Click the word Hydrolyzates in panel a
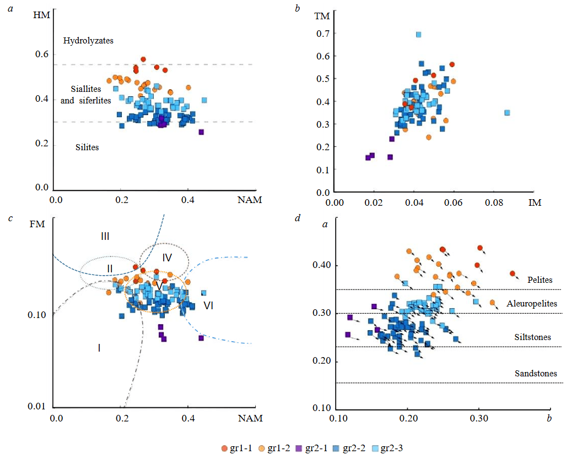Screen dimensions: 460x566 pos(88,41)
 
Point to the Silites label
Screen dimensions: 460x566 pos(87,147)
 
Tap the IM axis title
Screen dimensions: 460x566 pos(535,203)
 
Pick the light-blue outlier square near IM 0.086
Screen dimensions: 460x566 pos(507,113)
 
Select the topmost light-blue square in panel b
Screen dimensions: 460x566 pos(419,35)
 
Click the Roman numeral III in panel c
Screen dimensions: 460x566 pos(105,237)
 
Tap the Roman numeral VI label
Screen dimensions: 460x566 pos(208,305)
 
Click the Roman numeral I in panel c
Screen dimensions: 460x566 pos(99,348)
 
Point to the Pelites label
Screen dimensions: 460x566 pos(540,280)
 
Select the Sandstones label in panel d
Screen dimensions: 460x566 pos(535,373)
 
